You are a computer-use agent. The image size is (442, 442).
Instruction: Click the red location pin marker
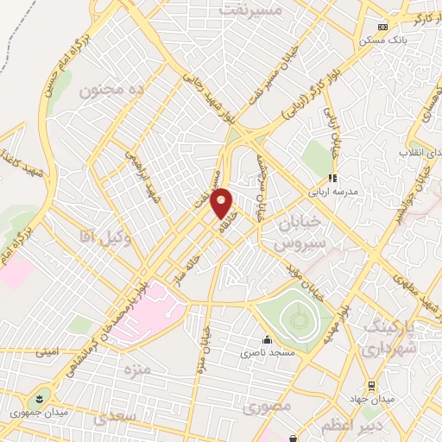223,204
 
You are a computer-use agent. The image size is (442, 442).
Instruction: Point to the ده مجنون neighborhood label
110,89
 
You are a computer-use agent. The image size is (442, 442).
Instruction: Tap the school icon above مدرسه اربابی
332,179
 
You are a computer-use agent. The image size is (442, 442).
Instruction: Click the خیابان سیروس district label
302,233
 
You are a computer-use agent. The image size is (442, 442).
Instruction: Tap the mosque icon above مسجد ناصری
267,338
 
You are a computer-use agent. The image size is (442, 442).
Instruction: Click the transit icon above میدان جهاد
371,385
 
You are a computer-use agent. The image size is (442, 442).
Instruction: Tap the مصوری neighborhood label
262,405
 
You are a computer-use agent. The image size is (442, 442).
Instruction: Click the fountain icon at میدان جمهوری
39,399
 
